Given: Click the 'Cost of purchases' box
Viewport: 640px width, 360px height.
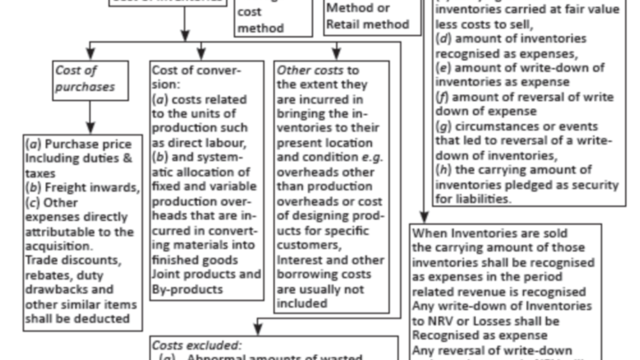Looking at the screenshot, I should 91,80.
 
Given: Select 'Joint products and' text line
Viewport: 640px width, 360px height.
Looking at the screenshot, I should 206,275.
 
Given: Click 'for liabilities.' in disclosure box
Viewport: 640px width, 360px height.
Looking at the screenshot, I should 470,199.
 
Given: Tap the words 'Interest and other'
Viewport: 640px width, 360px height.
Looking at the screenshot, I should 330,260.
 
